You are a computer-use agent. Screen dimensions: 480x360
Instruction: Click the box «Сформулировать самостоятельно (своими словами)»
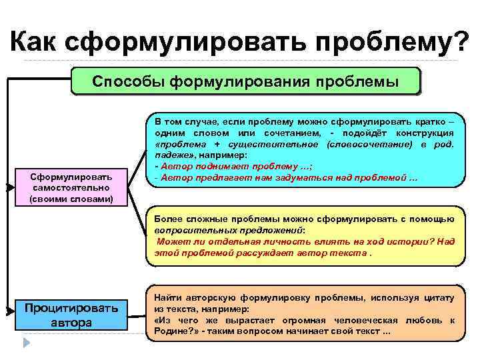71,187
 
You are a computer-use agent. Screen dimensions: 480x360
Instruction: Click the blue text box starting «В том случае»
304,151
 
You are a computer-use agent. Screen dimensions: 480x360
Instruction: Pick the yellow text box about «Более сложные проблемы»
304,236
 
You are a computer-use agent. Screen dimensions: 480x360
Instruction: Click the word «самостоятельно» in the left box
71,187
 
